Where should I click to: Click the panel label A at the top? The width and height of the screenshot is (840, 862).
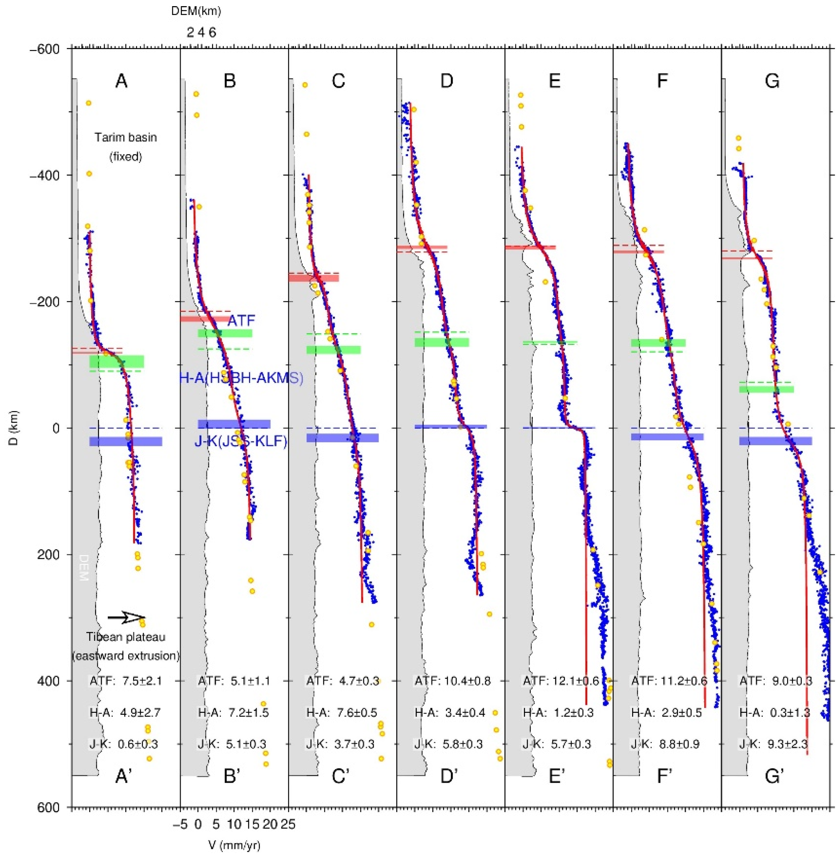point(121,81)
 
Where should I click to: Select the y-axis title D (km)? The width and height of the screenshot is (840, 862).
point(14,428)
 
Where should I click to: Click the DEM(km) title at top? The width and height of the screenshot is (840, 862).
point(196,12)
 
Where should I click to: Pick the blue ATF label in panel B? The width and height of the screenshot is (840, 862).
point(241,321)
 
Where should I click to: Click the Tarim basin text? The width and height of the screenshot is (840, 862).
point(126,138)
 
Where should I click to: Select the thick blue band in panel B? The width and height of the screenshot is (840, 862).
point(234,424)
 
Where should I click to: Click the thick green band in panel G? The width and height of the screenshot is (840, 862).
point(766,389)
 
